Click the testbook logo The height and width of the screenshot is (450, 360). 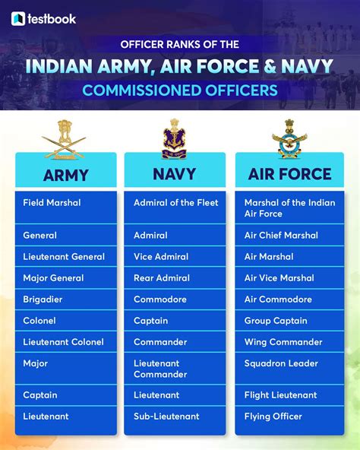(x=45, y=18)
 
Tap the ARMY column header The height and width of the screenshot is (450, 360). (x=66, y=175)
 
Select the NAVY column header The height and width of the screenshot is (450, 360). (x=175, y=174)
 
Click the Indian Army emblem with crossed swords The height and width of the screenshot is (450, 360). (x=64, y=139)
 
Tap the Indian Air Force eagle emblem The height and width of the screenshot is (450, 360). (x=289, y=138)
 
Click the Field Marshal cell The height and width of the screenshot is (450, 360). (x=66, y=207)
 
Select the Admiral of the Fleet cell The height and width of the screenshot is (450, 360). (x=175, y=207)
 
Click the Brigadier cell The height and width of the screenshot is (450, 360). (x=66, y=299)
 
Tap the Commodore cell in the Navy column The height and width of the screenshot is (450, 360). (x=175, y=299)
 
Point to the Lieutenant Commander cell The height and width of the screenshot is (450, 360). (x=175, y=369)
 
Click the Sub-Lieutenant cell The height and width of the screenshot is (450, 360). (x=175, y=417)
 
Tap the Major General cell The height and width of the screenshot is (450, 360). (x=66, y=278)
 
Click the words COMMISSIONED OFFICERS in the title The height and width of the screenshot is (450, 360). (x=180, y=90)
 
